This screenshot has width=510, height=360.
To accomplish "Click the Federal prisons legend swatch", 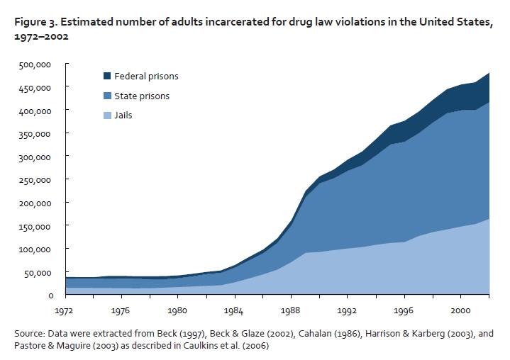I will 107,76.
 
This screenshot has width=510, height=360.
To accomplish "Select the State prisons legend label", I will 142,96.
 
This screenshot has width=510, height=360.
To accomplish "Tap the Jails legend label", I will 123,115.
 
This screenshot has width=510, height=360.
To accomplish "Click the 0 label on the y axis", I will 50,295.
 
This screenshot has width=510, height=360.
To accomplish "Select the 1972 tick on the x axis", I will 65,309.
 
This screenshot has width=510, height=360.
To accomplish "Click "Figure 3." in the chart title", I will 35,23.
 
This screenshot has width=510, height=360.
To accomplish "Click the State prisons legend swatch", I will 107,96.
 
